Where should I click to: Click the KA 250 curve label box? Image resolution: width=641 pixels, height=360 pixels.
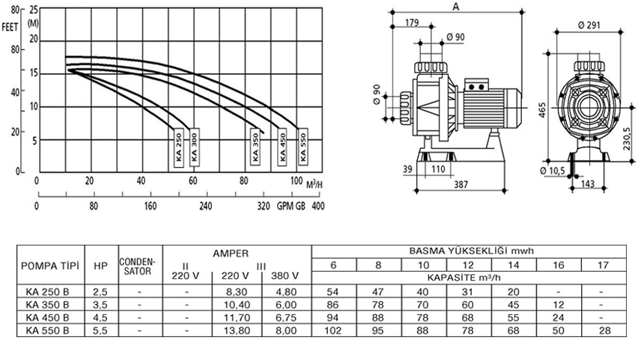tap(179, 147)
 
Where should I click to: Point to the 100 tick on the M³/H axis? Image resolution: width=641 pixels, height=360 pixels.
tap(297, 180)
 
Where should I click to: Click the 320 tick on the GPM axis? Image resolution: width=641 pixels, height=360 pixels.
tap(264, 206)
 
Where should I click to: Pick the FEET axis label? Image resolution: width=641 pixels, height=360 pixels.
tap(10, 28)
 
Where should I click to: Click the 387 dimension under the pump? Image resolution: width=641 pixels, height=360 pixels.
tap(461, 185)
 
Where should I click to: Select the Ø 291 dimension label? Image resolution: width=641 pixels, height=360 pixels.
tap(589, 25)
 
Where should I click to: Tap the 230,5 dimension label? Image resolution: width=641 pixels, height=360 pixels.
tap(627, 139)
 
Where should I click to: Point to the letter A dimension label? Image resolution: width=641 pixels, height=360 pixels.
tap(456, 7)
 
